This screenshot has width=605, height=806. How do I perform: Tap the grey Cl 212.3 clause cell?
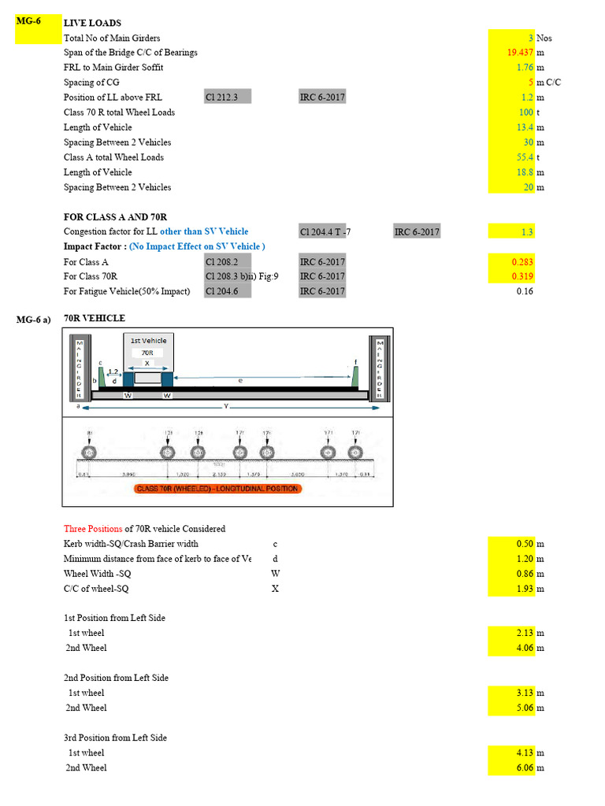click(x=227, y=98)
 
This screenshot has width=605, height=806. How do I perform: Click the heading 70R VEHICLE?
click(x=94, y=319)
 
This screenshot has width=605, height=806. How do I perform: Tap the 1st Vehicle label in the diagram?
click(x=148, y=340)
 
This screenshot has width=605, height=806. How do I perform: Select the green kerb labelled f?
click(x=356, y=375)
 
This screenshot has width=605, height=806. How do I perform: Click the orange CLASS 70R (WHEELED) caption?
click(x=217, y=489)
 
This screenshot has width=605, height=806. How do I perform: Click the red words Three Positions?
click(x=93, y=529)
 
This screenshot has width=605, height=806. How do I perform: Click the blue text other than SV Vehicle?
click(x=204, y=231)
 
